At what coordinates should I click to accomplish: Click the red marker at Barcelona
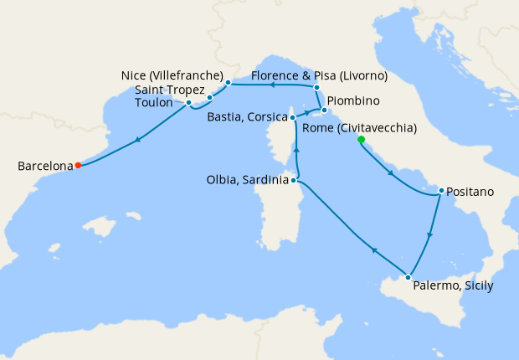77,165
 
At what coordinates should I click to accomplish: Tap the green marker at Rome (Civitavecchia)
361,139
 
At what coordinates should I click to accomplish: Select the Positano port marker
440,192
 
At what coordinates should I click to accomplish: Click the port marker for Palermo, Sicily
408,277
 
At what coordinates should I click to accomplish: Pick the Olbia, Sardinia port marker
295,179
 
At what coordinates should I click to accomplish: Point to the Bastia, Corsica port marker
292,117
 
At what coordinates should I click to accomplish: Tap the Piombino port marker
324,110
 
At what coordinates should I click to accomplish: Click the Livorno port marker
317,87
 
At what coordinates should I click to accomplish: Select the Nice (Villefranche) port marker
228,82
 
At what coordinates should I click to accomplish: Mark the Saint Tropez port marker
209,97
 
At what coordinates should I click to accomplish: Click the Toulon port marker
188,103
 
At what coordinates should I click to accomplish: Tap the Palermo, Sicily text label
453,285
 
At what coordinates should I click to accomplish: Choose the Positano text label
471,192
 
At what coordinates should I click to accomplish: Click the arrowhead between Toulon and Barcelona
136,139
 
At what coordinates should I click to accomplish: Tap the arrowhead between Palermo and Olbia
373,250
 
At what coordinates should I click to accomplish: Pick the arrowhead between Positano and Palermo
429,235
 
